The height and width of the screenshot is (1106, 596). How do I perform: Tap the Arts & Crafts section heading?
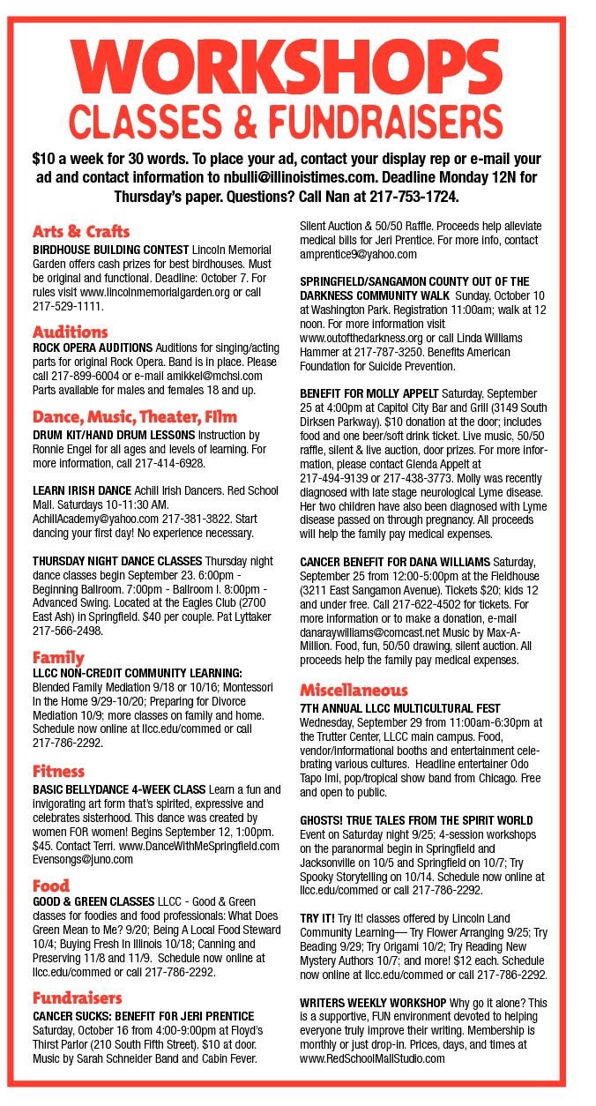(x=81, y=232)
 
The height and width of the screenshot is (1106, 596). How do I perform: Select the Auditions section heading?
(x=71, y=333)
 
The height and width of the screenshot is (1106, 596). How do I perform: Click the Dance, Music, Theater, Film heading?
(x=135, y=416)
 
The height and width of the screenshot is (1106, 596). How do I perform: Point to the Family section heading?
(x=59, y=657)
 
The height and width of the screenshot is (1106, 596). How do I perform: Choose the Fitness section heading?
(x=59, y=772)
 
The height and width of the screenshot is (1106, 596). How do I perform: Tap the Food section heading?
(x=51, y=886)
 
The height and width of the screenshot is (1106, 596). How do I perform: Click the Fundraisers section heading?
(x=78, y=998)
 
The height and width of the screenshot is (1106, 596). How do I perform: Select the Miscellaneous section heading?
(x=354, y=690)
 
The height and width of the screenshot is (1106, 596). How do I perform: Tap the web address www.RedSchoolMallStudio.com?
(x=372, y=1058)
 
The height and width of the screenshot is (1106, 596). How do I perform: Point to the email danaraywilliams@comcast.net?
(x=371, y=632)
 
